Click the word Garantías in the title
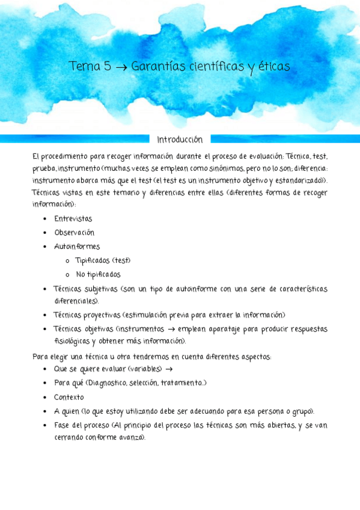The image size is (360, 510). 154,66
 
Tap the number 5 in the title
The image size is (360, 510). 107,66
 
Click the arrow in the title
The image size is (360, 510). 120,67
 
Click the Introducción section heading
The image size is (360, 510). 180,140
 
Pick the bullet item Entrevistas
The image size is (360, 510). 73,219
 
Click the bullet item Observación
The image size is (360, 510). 74,233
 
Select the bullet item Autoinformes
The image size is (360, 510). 77,247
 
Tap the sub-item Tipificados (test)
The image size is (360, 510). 103,260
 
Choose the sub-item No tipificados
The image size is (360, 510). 99,274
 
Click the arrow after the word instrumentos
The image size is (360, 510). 170,330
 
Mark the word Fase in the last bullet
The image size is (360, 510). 63,426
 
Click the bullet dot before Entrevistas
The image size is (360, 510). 45,219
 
